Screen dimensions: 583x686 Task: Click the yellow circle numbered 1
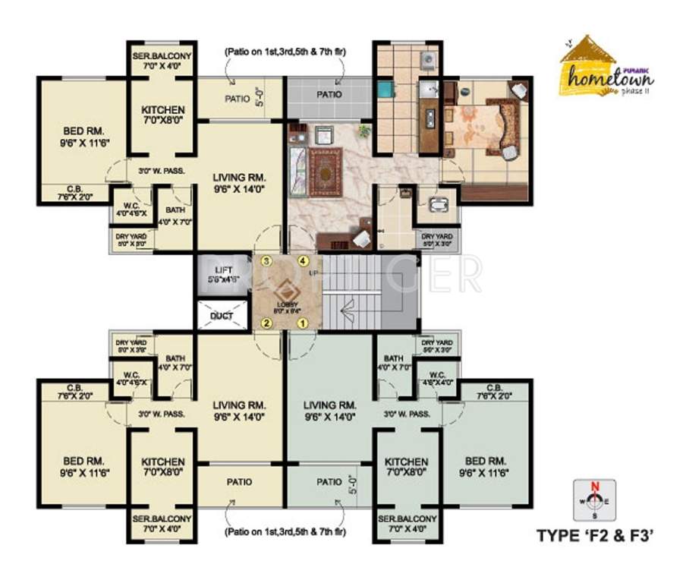pyautogui.click(x=302, y=323)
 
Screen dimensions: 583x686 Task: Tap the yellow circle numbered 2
pyautogui.click(x=266, y=323)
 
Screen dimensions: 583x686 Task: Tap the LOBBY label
pyautogui.click(x=286, y=305)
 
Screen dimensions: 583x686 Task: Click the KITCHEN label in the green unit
pyautogui.click(x=406, y=462)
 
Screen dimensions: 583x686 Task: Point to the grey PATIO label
pyautogui.click(x=329, y=95)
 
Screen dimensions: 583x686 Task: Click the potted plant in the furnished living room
pyautogui.click(x=365, y=130)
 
